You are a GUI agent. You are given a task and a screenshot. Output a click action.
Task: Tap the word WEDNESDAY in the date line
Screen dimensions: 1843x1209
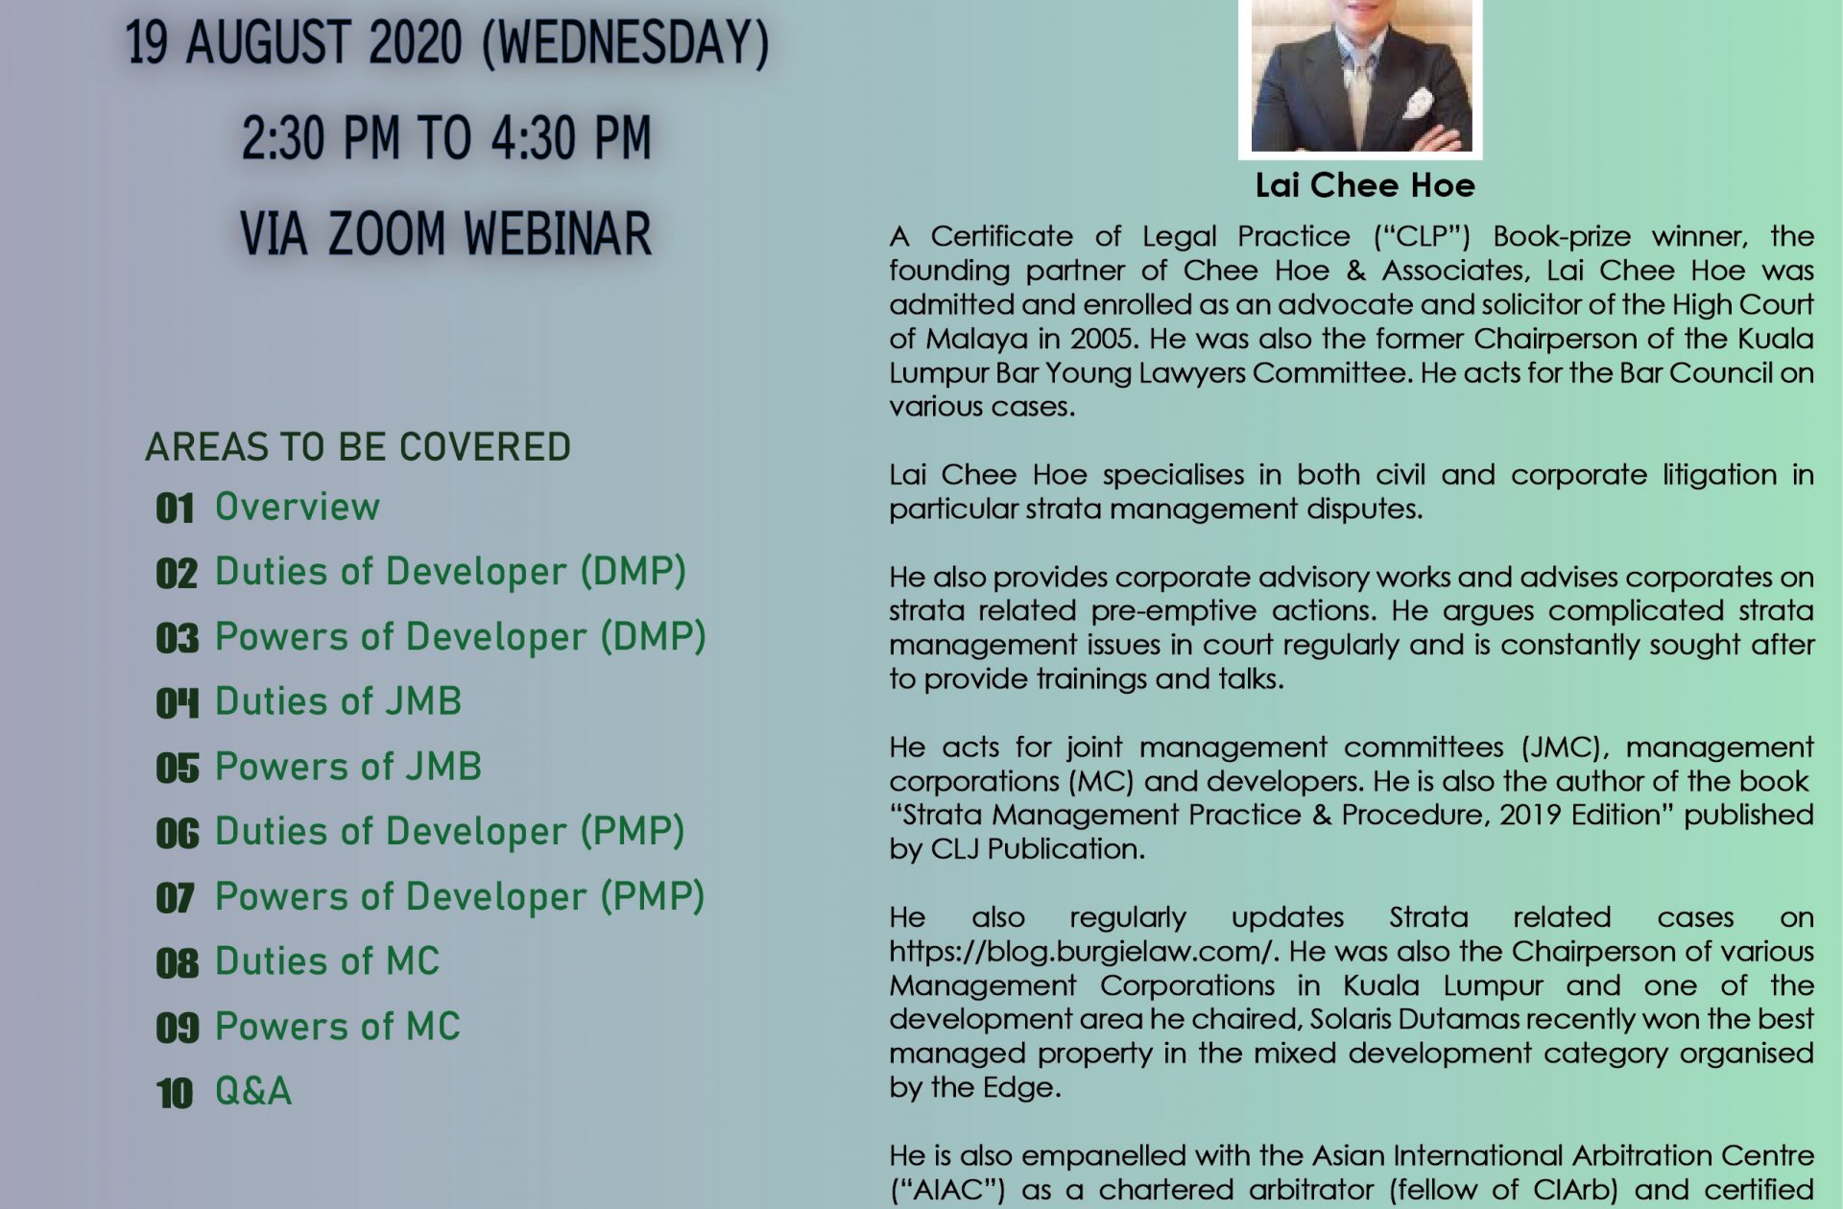coord(626,43)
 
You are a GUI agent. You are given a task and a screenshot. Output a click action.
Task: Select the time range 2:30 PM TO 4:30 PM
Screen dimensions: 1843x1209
coord(446,137)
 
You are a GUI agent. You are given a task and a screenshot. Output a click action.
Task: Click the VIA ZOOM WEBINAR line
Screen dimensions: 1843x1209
coord(445,233)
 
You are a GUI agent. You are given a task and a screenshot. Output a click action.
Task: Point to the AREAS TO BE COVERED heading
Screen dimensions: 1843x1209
coord(358,447)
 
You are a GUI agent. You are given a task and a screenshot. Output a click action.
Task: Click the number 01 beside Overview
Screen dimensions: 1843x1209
coord(175,509)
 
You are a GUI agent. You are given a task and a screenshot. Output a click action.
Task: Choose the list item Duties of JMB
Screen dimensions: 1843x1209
coord(338,701)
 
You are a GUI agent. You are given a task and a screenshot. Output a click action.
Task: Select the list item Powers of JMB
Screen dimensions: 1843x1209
coord(348,767)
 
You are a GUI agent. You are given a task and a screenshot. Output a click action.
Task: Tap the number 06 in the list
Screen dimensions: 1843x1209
coord(177,834)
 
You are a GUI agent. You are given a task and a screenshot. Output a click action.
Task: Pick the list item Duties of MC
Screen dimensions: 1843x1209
coord(327,961)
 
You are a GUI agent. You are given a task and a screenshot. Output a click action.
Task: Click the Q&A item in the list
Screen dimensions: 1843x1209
coord(253,1091)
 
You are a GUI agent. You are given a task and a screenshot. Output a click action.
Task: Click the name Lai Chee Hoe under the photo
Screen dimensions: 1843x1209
coord(1365,185)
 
